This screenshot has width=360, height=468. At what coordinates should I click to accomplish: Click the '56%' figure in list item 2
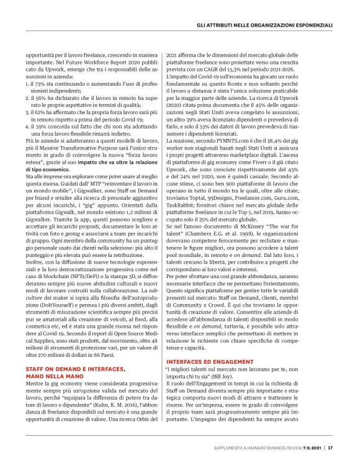pos(43,97)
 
